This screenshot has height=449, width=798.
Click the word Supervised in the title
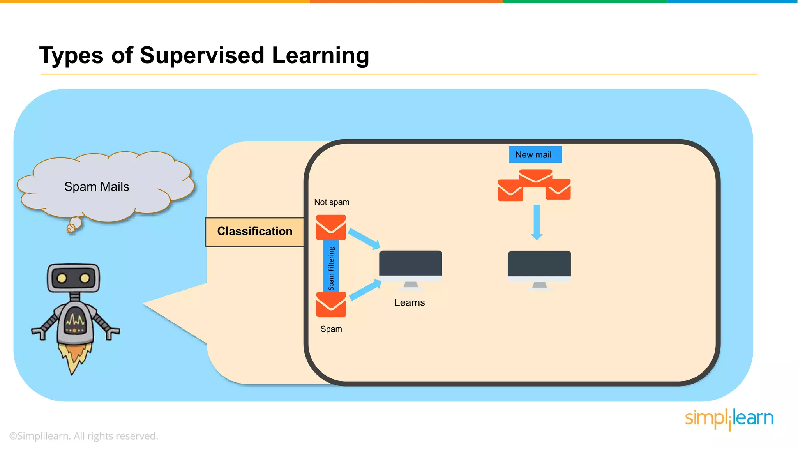point(202,55)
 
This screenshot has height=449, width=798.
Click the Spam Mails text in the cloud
point(97,187)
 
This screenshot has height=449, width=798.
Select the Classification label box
point(254,232)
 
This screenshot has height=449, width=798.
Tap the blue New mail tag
point(535,155)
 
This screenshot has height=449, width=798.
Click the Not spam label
point(332,202)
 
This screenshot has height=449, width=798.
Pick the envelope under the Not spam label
point(331,227)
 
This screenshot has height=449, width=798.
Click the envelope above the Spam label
point(331,304)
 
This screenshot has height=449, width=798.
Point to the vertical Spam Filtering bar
point(331,267)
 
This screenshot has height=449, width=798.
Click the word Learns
point(410,303)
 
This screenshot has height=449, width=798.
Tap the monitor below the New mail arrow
point(539,266)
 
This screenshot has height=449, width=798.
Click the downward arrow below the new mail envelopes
point(537,222)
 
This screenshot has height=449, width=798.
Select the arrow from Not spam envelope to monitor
point(364,239)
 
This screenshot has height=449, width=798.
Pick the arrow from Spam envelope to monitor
point(365,290)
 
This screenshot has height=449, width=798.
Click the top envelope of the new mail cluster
point(535,176)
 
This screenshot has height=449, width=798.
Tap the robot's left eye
point(62,278)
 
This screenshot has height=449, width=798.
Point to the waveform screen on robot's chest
point(75,321)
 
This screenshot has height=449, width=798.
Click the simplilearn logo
point(729,419)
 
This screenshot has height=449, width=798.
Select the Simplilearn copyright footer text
point(83,436)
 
